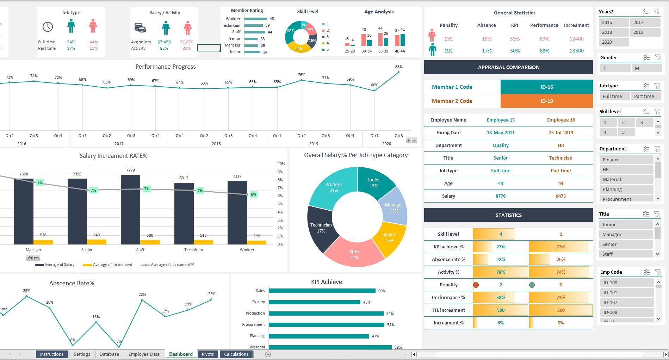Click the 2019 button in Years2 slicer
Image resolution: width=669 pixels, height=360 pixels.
(645, 32)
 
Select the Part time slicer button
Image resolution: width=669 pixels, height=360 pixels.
(645, 96)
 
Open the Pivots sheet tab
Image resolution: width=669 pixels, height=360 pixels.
(207, 354)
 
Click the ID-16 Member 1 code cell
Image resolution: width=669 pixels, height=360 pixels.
(546, 87)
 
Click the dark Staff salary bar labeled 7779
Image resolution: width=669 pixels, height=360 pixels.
(130, 209)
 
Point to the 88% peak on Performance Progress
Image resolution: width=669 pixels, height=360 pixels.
(398, 72)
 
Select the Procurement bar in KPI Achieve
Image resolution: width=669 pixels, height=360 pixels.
(326, 324)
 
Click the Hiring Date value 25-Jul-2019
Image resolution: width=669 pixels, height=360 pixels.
(560, 132)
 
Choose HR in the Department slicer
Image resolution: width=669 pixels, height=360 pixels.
(626, 169)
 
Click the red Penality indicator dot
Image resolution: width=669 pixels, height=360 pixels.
(476, 285)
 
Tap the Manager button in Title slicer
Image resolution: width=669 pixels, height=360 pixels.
(626, 234)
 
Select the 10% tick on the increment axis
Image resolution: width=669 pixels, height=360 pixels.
(281, 164)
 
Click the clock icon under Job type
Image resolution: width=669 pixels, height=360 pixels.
(48, 27)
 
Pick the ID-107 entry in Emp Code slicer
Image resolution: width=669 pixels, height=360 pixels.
(626, 302)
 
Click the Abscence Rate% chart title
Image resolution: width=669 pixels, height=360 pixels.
(72, 283)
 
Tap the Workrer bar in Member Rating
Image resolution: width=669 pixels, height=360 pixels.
(255, 19)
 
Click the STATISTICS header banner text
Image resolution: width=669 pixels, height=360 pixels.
(508, 215)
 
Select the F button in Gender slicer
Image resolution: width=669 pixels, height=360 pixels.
(614, 68)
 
